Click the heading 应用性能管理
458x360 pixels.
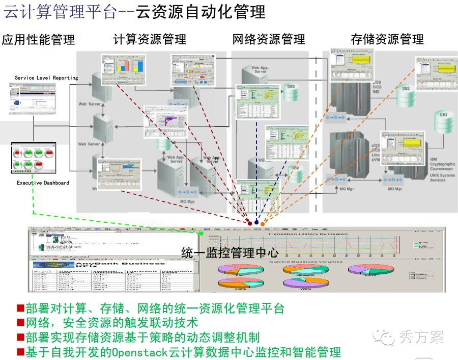pyautogui.click(x=38, y=39)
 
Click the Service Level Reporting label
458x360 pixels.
pyautogui.click(x=46, y=78)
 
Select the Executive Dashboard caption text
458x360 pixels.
pyautogui.click(x=43, y=183)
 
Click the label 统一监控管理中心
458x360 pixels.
pyautogui.click(x=230, y=252)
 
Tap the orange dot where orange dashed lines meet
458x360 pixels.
pyautogui.click(x=263, y=223)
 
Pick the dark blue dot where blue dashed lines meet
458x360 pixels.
pyautogui.click(x=256, y=223)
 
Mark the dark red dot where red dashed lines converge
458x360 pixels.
pyautogui.click(x=249, y=223)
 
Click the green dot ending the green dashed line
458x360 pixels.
pyautogui.click(x=202, y=233)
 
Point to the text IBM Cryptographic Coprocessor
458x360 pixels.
pyautogui.click(x=442, y=164)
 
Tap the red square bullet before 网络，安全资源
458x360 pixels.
pyautogui.click(x=20, y=323)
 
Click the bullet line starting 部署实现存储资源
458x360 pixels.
pyautogui.click(x=137, y=337)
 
